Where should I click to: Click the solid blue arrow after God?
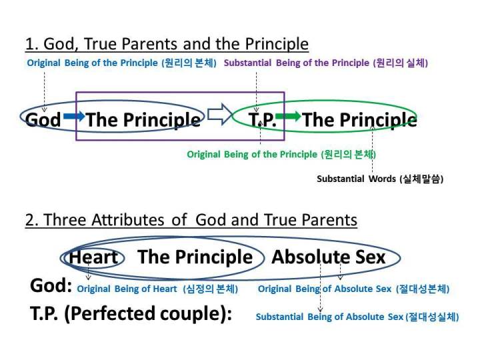[x=74, y=116]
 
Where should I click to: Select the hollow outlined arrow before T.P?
[x=220, y=114]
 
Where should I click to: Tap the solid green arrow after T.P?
[x=288, y=116]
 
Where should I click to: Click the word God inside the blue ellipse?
[x=43, y=120]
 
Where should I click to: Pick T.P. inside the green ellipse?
[x=263, y=120]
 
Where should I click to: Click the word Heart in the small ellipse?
[x=94, y=257]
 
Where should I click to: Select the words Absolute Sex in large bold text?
[x=329, y=257]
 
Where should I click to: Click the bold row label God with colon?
[x=51, y=285]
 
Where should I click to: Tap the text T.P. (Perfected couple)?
[x=131, y=314]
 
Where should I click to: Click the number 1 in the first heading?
[x=30, y=44]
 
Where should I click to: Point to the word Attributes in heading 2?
[x=127, y=220]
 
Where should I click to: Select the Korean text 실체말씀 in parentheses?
[x=421, y=179]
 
